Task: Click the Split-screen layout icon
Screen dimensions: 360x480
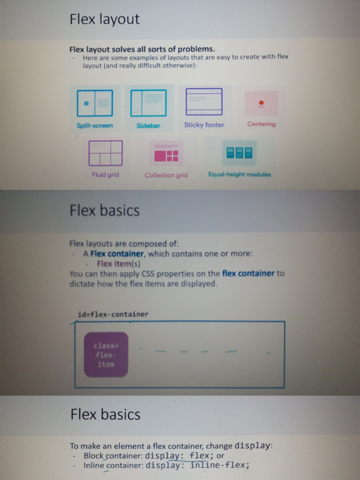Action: pos(95,103)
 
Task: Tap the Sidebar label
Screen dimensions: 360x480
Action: pos(148,126)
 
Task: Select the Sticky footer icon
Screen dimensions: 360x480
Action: pos(204,102)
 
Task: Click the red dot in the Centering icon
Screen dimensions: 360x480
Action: pos(261,103)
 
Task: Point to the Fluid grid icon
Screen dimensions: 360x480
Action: pos(105,153)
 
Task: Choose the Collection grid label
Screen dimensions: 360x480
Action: pos(166,175)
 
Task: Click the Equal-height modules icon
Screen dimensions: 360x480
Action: pos(240,153)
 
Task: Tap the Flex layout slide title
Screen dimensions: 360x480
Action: pos(105,19)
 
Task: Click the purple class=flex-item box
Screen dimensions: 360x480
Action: pos(106,354)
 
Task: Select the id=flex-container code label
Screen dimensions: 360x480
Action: pos(113,314)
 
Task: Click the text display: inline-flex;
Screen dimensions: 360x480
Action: pos(197,465)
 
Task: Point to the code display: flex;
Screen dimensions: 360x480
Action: pos(179,456)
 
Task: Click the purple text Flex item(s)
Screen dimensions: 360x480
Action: pos(119,263)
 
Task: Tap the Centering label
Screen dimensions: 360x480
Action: pos(262,124)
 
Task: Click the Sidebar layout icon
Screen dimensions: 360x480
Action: pos(149,103)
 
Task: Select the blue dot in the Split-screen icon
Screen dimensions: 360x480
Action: pos(86,103)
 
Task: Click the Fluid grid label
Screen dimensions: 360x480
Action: pos(105,174)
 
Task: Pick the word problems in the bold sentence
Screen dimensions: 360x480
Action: pos(196,49)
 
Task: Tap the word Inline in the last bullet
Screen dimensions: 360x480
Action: pos(94,465)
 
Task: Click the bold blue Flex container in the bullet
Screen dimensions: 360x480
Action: pos(117,254)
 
